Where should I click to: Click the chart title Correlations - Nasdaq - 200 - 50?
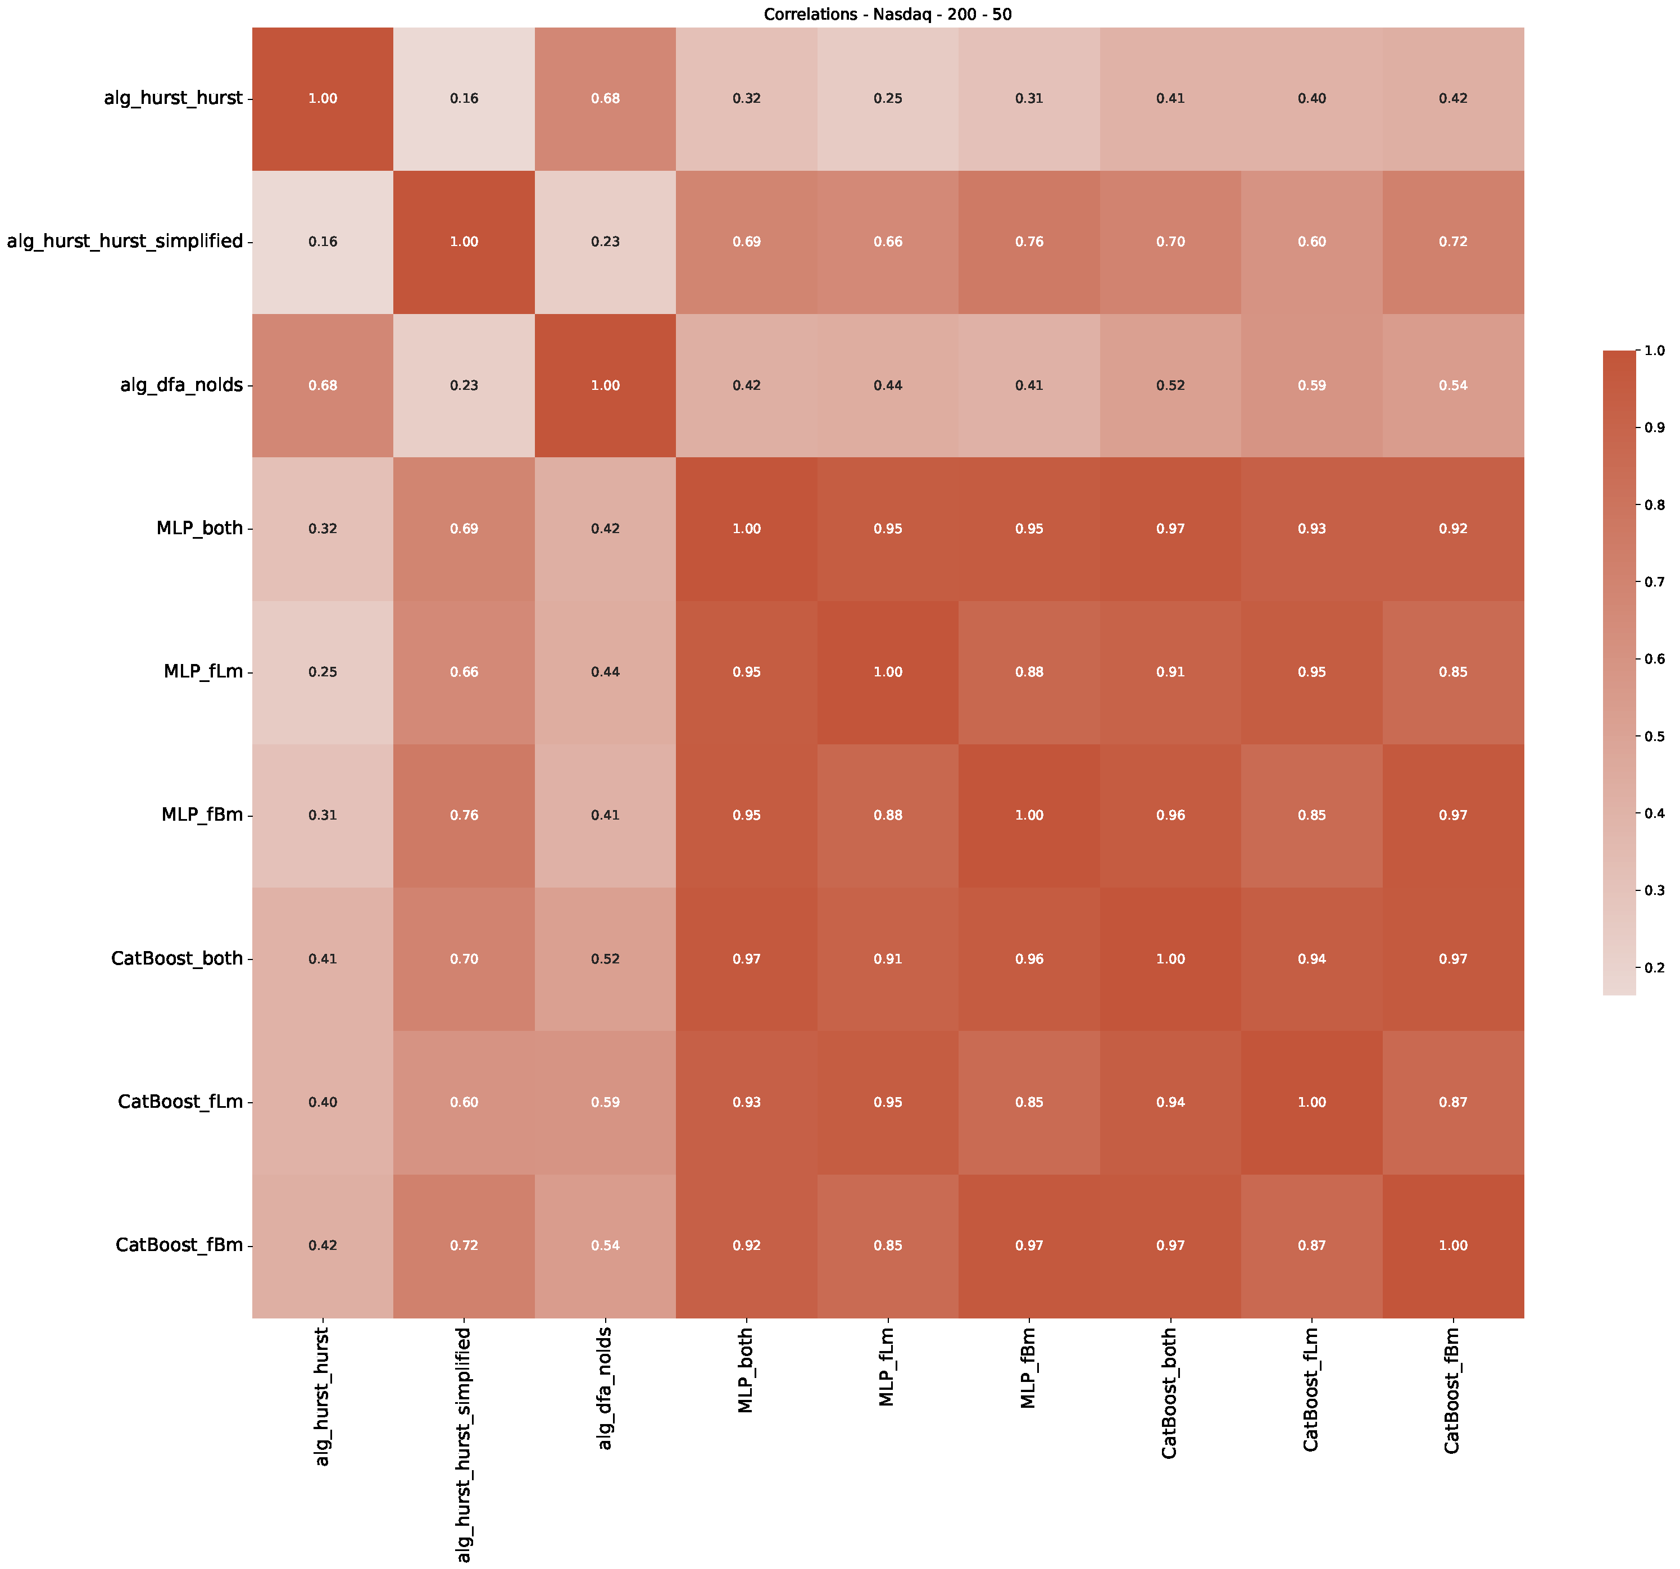pos(887,15)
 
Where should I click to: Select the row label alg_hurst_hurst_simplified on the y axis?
pos(125,242)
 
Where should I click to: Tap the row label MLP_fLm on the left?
pos(203,672)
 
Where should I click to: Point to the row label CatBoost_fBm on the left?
pos(179,1245)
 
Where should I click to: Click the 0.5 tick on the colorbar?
pos(1654,736)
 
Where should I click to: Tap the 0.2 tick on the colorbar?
pos(1654,967)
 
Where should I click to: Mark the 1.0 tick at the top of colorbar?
pos(1654,351)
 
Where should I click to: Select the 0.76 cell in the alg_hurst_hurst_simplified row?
pos(1028,242)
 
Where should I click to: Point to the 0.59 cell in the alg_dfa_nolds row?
pos(1311,385)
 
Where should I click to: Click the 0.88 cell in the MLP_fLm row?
pos(1028,672)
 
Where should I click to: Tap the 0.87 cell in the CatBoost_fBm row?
pos(1311,1245)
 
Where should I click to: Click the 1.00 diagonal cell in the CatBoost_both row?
pos(1170,959)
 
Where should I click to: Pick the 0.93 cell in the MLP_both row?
pos(1311,529)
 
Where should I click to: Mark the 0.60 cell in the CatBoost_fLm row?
pos(464,1102)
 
